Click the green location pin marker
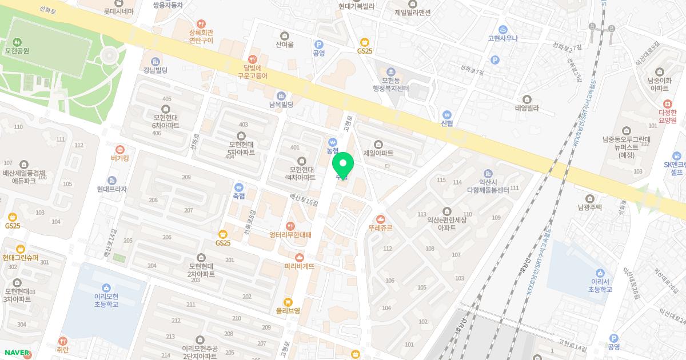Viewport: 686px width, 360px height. [343, 166]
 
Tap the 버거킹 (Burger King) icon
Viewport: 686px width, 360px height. [119, 149]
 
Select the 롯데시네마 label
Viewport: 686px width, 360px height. [119, 11]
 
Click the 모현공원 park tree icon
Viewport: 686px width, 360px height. [17, 42]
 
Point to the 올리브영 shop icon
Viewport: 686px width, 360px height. [288, 302]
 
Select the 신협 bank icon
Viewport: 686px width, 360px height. [447, 114]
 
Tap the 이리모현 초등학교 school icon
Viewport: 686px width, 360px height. [106, 287]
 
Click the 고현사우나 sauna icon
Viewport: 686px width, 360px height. [502, 29]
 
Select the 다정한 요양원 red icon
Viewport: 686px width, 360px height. [667, 104]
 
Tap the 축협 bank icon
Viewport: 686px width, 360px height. [238, 186]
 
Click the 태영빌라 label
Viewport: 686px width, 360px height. [527, 107]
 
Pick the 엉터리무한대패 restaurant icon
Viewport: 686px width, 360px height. [290, 226]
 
